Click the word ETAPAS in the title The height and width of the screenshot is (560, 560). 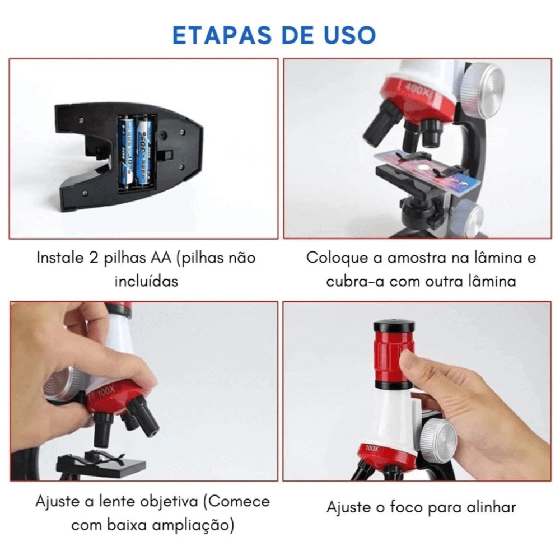[222, 35]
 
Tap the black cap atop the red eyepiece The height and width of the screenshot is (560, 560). [394, 326]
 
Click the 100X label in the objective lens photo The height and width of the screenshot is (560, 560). [106, 391]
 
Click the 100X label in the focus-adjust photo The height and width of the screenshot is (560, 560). [372, 448]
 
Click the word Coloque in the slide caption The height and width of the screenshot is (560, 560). [337, 258]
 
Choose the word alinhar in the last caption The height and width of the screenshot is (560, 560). [492, 507]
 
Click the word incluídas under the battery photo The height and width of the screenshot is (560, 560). [146, 281]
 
